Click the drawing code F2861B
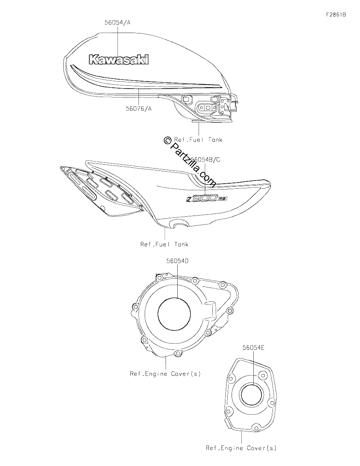coord(336,15)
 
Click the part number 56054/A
coord(118,23)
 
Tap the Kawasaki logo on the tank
coord(119,59)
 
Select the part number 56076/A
coord(138,108)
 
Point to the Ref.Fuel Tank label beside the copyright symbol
coord(198,140)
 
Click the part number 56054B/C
coord(205,160)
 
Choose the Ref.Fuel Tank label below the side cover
coord(164,244)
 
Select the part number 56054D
coord(178,261)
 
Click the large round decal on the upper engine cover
coord(174,314)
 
